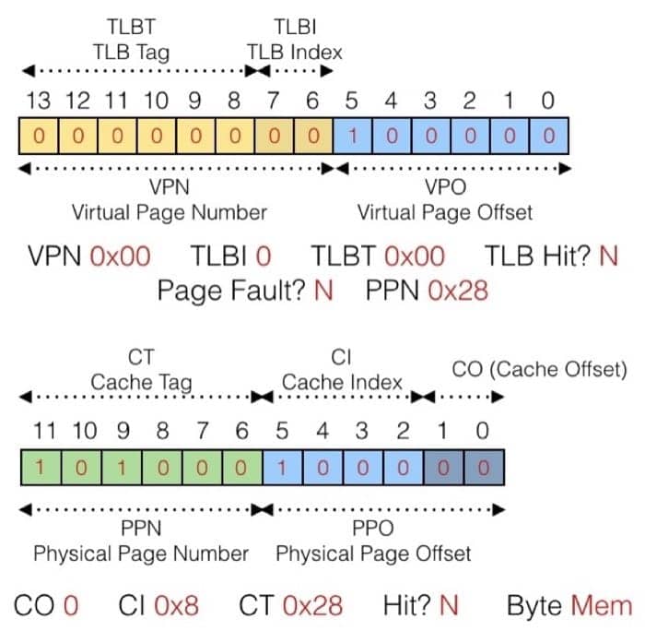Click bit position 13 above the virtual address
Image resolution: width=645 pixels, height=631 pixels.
37,100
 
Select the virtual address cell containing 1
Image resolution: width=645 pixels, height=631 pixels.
353,137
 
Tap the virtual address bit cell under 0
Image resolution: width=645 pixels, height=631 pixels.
549,137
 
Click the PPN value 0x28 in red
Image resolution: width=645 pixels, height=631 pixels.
458,292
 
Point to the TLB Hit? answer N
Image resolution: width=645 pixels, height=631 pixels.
608,256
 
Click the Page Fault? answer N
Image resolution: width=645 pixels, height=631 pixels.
322,292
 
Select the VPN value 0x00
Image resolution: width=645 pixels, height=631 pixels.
120,256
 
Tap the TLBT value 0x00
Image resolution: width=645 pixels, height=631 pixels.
414,256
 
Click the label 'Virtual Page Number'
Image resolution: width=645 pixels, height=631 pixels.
170,212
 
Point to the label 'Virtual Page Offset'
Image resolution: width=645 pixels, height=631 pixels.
445,212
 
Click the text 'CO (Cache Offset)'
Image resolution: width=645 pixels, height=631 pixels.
539,370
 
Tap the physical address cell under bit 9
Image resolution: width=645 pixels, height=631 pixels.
122,468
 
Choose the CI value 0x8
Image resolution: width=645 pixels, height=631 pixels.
175,606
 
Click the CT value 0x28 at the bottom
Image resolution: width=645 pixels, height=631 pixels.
312,606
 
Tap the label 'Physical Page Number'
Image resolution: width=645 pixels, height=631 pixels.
141,554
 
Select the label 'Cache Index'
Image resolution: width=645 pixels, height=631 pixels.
342,382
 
